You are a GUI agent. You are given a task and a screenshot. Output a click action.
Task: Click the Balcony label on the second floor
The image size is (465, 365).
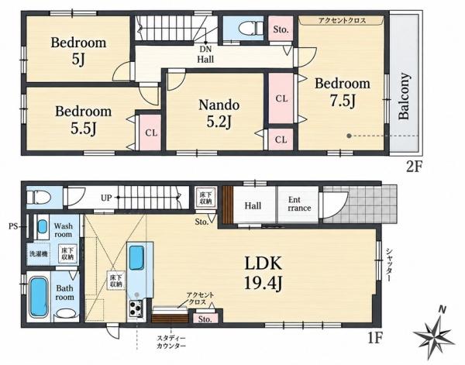(405, 96)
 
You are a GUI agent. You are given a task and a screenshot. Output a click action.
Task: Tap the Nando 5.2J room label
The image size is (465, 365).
(219, 113)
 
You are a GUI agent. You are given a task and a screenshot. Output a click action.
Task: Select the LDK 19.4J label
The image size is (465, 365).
(263, 273)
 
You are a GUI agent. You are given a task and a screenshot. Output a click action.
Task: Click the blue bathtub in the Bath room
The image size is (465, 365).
(39, 297)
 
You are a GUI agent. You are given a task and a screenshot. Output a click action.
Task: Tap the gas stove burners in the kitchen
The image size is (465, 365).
(136, 309)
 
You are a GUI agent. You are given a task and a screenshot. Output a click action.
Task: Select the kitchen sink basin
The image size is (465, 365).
(136, 257)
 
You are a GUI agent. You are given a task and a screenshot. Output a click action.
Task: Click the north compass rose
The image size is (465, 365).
(436, 332)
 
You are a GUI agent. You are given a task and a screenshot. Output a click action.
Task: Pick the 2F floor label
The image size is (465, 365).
(414, 167)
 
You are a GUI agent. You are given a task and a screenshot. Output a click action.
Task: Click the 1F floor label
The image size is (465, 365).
(375, 338)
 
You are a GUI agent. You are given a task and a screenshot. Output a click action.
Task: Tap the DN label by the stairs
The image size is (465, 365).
(205, 50)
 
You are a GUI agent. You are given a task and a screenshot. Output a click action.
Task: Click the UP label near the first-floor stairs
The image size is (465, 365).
(106, 198)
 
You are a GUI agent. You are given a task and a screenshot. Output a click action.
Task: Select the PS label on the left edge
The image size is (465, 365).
(12, 227)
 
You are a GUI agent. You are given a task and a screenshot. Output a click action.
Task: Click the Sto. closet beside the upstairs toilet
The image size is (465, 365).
(281, 29)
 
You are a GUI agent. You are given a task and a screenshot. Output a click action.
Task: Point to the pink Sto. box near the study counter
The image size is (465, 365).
(205, 319)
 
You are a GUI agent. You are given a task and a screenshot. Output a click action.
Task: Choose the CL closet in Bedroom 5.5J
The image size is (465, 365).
(151, 133)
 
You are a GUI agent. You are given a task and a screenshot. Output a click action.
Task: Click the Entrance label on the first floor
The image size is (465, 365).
(299, 204)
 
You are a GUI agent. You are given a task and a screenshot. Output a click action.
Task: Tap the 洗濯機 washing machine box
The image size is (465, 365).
(39, 254)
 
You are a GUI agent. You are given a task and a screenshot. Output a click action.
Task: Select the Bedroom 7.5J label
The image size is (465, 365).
(343, 92)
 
